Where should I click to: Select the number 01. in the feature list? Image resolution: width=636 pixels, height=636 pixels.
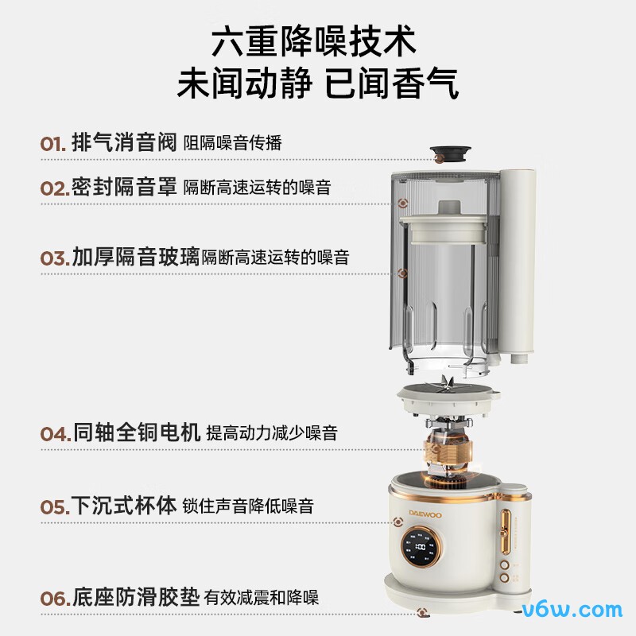pos(53,144)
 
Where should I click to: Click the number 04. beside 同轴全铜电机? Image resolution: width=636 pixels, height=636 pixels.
pos(55,434)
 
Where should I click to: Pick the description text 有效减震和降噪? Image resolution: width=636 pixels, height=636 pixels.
pos(262,597)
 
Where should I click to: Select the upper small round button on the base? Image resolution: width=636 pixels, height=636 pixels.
pos(504,568)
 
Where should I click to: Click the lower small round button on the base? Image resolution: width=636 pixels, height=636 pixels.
pos(504,587)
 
